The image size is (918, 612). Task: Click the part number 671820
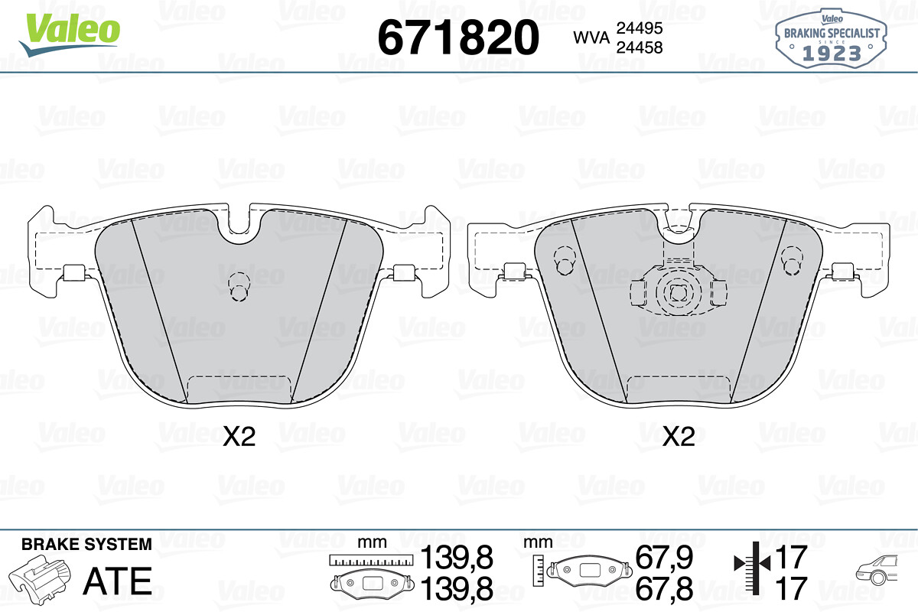pyautogui.click(x=458, y=37)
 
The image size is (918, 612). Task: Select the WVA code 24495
pyautogui.click(x=640, y=28)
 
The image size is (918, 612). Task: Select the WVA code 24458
pyautogui.click(x=640, y=47)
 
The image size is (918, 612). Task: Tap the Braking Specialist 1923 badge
pyautogui.click(x=831, y=39)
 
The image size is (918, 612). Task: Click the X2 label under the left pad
pyautogui.click(x=239, y=436)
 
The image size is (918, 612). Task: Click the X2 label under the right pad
pyautogui.click(x=679, y=436)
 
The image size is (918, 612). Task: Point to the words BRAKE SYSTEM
pyautogui.click(x=86, y=545)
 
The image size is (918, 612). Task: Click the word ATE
pyautogui.click(x=118, y=581)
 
